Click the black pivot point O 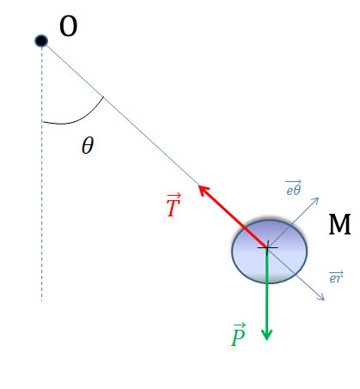(x=41, y=40)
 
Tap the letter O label (x=69, y=27)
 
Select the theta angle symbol (x=88, y=145)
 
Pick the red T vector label (x=174, y=205)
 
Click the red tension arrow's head (x=204, y=190)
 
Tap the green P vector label (x=238, y=335)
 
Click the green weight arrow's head (x=267, y=335)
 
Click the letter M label (x=339, y=225)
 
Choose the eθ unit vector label (x=293, y=188)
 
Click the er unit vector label (x=336, y=277)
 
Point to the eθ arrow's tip (x=319, y=198)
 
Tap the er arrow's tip (x=324, y=301)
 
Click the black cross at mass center (x=267, y=247)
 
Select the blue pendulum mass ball (x=269, y=252)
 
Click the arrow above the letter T (x=174, y=196)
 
